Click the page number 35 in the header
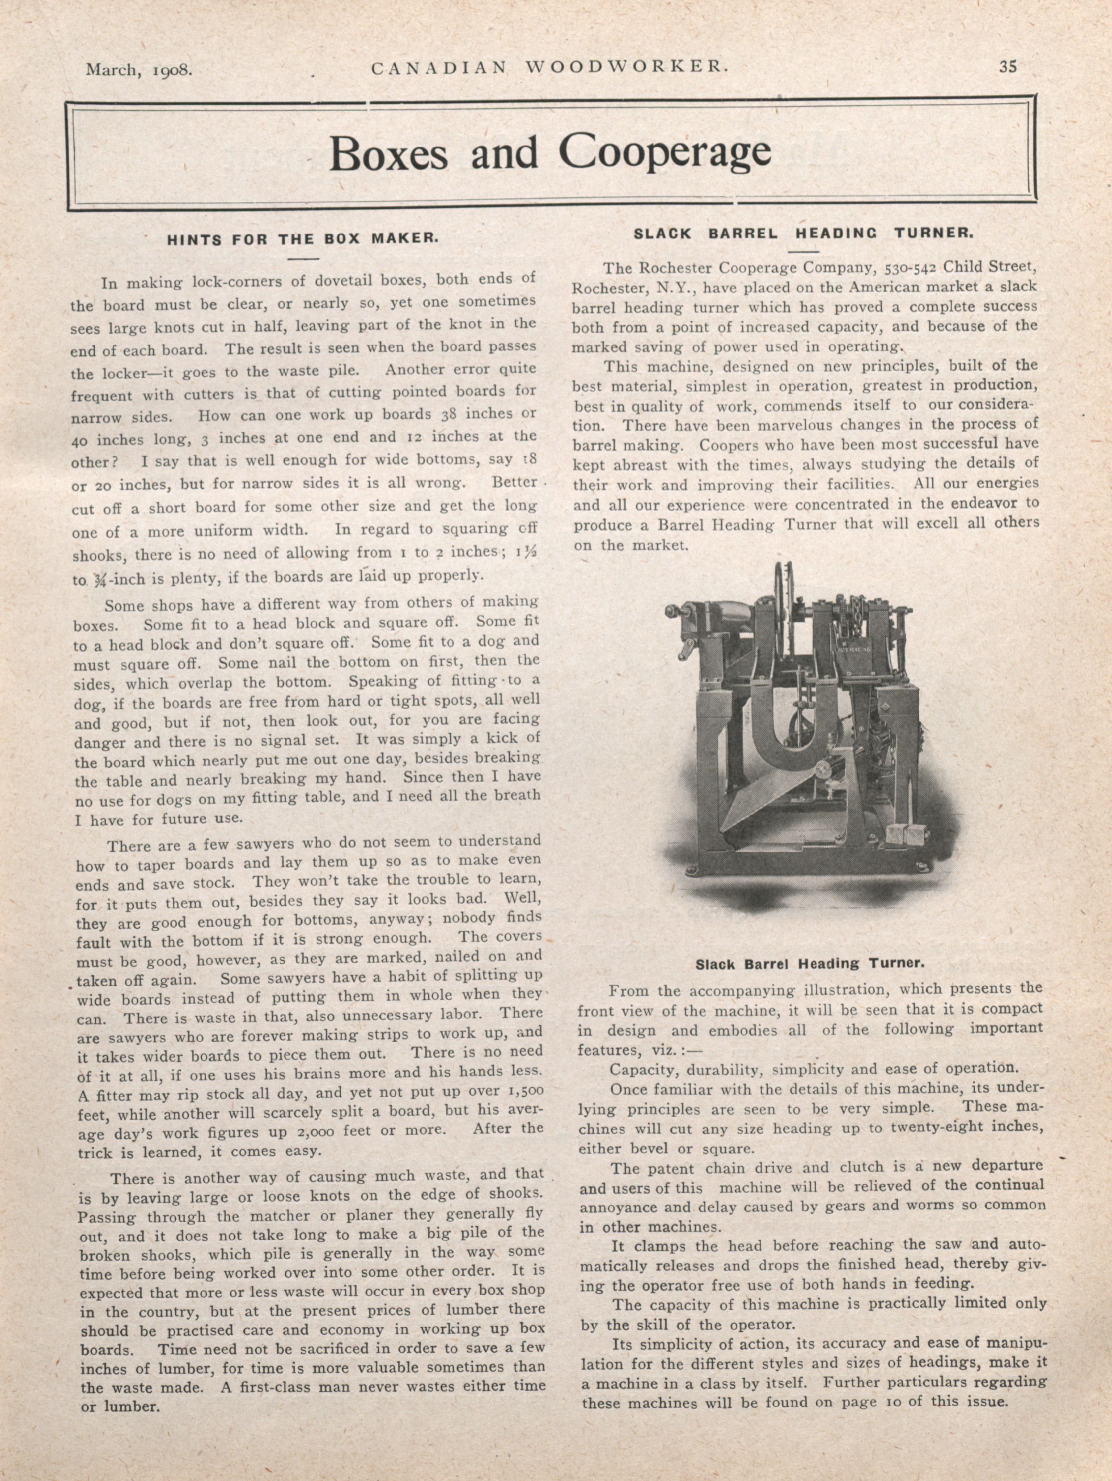pyautogui.click(x=1007, y=66)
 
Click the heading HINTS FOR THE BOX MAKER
pyautogui.click(x=303, y=238)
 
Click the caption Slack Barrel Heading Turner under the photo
pyautogui.click(x=810, y=964)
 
